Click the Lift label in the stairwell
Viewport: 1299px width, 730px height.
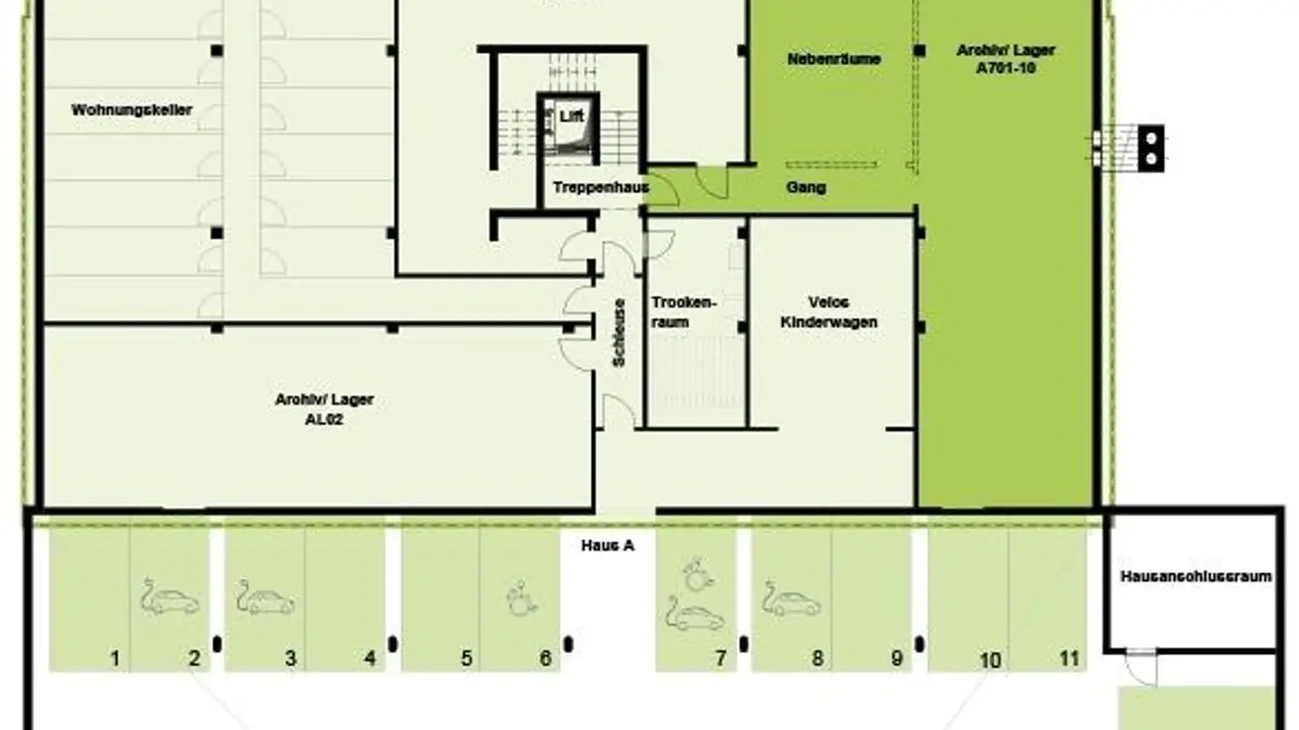(571, 116)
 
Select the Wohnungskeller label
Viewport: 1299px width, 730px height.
(132, 111)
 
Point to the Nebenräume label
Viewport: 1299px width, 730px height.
(834, 59)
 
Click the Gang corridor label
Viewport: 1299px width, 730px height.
(806, 187)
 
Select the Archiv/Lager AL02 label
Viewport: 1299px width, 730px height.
(324, 409)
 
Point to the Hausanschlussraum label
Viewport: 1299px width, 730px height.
(1195, 576)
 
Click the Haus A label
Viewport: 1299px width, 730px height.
(607, 545)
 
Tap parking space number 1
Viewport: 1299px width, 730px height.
(115, 659)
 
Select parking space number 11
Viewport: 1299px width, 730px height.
(1069, 659)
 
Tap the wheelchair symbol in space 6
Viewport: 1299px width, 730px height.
(521, 598)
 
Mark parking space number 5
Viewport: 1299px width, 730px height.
(466, 659)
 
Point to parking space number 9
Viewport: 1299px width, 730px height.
(897, 659)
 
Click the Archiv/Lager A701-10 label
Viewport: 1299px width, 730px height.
(1005, 59)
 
